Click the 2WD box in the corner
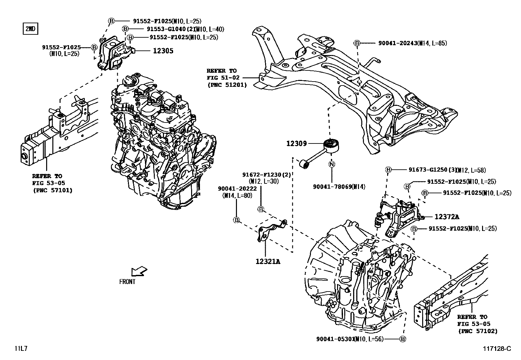point(30,29)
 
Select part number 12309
point(296,143)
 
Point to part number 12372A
point(447,217)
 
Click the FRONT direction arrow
point(139,272)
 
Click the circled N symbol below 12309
point(332,164)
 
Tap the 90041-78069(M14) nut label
point(339,187)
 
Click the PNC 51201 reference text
point(227,85)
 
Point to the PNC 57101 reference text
point(52,190)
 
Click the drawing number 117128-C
point(496,349)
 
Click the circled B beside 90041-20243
point(357,43)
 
